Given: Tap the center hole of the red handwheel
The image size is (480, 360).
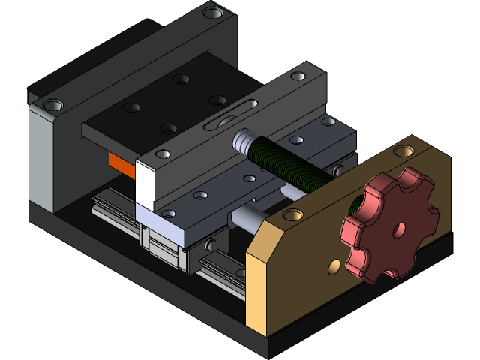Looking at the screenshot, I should tap(399, 226).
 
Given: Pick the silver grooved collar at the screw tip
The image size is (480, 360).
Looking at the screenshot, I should tap(244, 141).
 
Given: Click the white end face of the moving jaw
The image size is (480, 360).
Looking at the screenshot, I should tap(145, 184).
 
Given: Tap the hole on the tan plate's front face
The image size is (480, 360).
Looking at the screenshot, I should tap(333, 265).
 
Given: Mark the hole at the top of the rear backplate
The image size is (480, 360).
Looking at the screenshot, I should tap(214, 13).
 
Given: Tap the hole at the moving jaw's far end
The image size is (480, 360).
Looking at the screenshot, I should tap(298, 76).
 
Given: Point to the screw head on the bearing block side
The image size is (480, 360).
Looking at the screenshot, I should tap(211, 244).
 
